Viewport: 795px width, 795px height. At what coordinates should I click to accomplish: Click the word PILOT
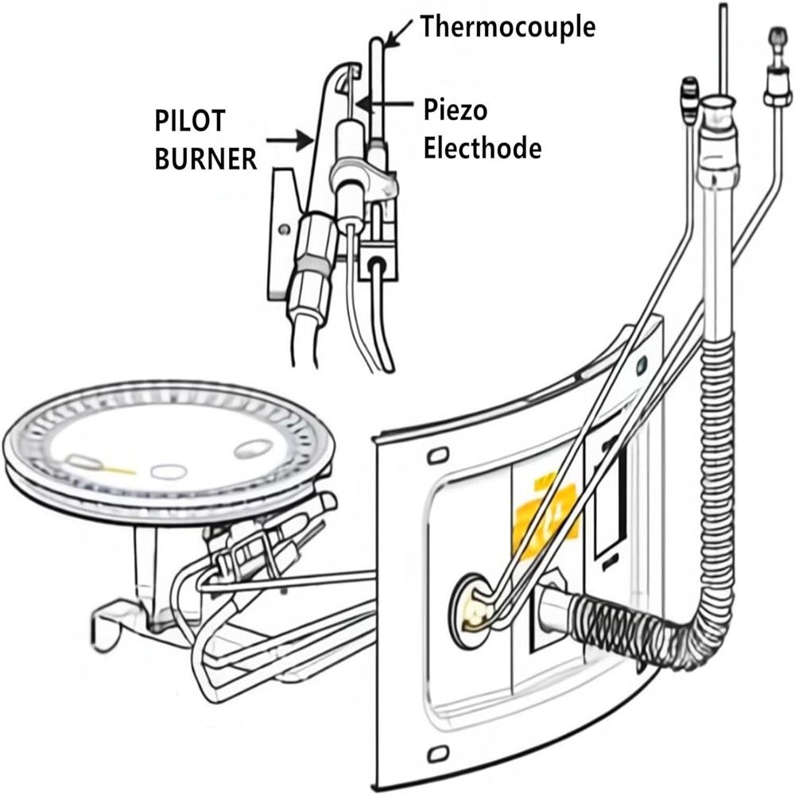point(190,122)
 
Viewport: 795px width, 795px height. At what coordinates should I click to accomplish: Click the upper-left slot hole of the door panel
point(435,457)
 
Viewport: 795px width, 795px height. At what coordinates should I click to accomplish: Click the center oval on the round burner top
point(169,471)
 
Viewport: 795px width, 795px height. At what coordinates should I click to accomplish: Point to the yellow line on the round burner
point(116,470)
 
